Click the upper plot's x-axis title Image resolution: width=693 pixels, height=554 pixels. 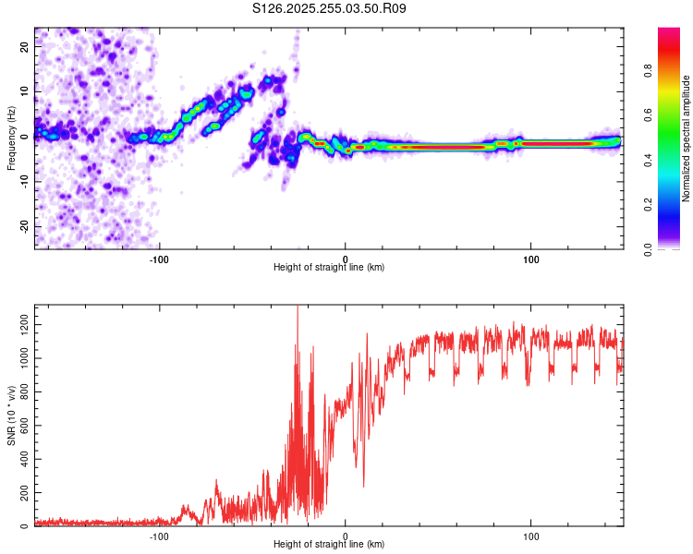(329, 267)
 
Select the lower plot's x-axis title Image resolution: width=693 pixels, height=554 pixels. (329, 544)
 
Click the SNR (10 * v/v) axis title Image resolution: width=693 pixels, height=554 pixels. (11, 415)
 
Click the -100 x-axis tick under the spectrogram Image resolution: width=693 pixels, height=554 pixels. (160, 258)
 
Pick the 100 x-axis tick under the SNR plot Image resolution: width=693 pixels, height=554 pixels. (531, 535)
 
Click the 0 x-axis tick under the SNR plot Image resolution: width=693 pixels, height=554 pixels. (346, 535)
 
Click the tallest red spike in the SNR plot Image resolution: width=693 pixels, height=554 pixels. (297, 310)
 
